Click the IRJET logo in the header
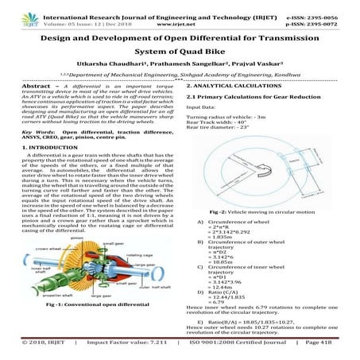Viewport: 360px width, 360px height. coord(17,12)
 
